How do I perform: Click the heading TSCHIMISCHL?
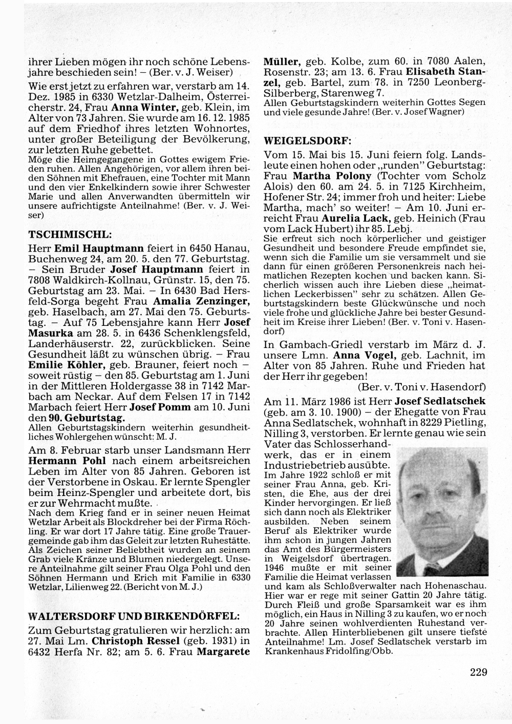click(x=70, y=235)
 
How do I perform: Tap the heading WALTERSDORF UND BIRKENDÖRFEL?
click(x=133, y=615)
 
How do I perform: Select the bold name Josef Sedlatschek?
click(x=436, y=401)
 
